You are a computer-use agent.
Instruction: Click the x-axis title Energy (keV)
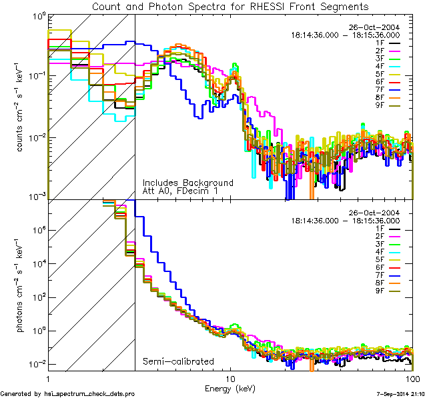(230, 387)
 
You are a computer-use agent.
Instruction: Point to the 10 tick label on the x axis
(230, 377)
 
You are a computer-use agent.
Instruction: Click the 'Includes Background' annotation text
(187, 183)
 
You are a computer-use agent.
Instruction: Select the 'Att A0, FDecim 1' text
(179, 191)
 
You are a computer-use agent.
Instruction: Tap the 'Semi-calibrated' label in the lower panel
(178, 362)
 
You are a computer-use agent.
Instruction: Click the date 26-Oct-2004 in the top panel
(374, 27)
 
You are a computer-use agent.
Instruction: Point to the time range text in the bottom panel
(345, 220)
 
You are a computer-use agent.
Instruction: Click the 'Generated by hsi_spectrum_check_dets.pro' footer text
(67, 394)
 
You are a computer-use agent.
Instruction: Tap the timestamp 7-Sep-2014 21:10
(399, 394)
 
